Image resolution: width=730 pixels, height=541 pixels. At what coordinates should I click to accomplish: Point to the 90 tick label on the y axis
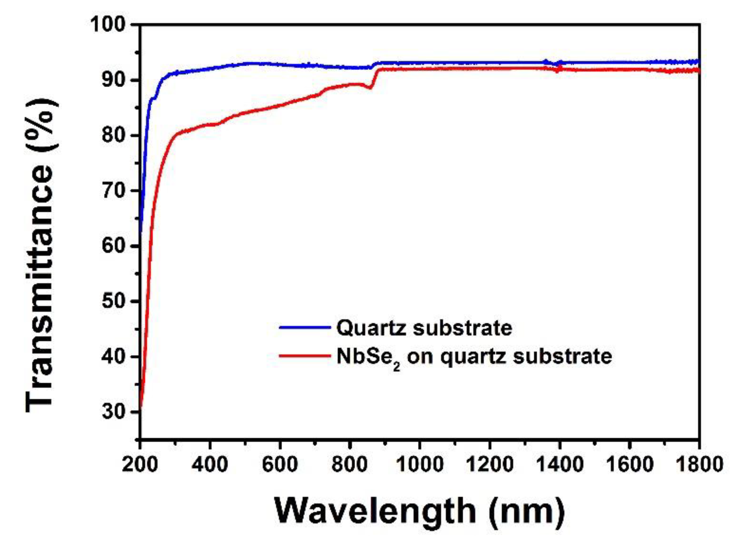pyautogui.click(x=113, y=80)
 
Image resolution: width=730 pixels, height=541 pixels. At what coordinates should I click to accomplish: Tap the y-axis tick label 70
pyautogui.click(x=113, y=191)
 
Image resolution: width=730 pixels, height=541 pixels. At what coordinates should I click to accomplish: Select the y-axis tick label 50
pyautogui.click(x=113, y=301)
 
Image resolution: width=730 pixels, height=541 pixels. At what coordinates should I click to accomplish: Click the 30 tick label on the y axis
pyautogui.click(x=113, y=411)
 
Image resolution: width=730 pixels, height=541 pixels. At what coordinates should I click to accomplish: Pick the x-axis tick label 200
pyautogui.click(x=140, y=464)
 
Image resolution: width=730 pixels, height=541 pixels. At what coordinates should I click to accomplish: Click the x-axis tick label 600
pyautogui.click(x=280, y=464)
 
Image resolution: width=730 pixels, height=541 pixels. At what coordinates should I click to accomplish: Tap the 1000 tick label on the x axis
pyautogui.click(x=420, y=464)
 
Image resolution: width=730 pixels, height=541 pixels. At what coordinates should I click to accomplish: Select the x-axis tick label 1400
pyautogui.click(x=560, y=464)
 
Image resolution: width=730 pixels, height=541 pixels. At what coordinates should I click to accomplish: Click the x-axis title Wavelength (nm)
pyautogui.click(x=419, y=511)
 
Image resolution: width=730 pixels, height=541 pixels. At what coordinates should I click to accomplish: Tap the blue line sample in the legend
pyautogui.click(x=305, y=327)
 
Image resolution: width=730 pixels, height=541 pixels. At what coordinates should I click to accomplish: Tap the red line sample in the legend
pyautogui.click(x=305, y=356)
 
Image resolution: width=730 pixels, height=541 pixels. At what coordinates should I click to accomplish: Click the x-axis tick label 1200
pyautogui.click(x=490, y=464)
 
